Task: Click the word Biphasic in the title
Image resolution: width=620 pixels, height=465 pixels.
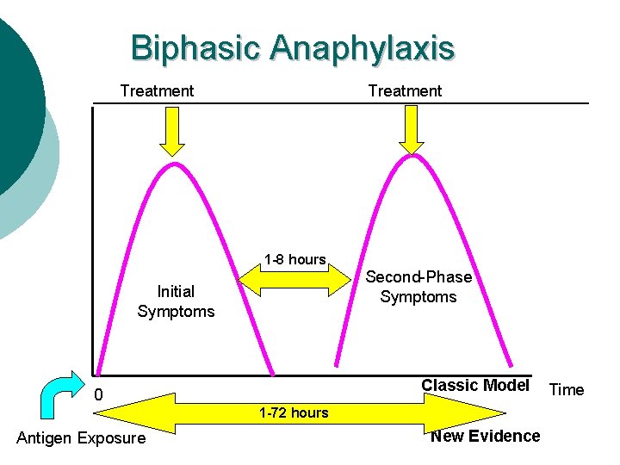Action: (x=195, y=48)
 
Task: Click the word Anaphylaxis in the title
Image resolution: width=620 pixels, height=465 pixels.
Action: (x=361, y=48)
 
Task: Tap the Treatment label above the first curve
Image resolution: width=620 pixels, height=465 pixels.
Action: (x=157, y=91)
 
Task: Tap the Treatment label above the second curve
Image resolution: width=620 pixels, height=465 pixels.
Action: (x=405, y=91)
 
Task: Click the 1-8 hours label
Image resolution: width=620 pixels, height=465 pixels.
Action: (x=294, y=259)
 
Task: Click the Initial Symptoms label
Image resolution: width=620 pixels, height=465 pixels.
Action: (x=176, y=301)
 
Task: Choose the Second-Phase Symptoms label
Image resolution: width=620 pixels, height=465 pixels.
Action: (x=418, y=287)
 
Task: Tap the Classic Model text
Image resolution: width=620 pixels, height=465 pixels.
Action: (x=474, y=385)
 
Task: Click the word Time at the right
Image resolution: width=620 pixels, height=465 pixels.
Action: (x=567, y=390)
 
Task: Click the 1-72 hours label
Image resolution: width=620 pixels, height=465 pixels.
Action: (x=294, y=412)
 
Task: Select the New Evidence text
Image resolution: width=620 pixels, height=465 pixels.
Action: (x=486, y=436)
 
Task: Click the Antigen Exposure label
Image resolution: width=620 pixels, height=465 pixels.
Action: (x=81, y=439)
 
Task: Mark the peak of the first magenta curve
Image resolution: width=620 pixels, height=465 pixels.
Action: (x=176, y=164)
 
